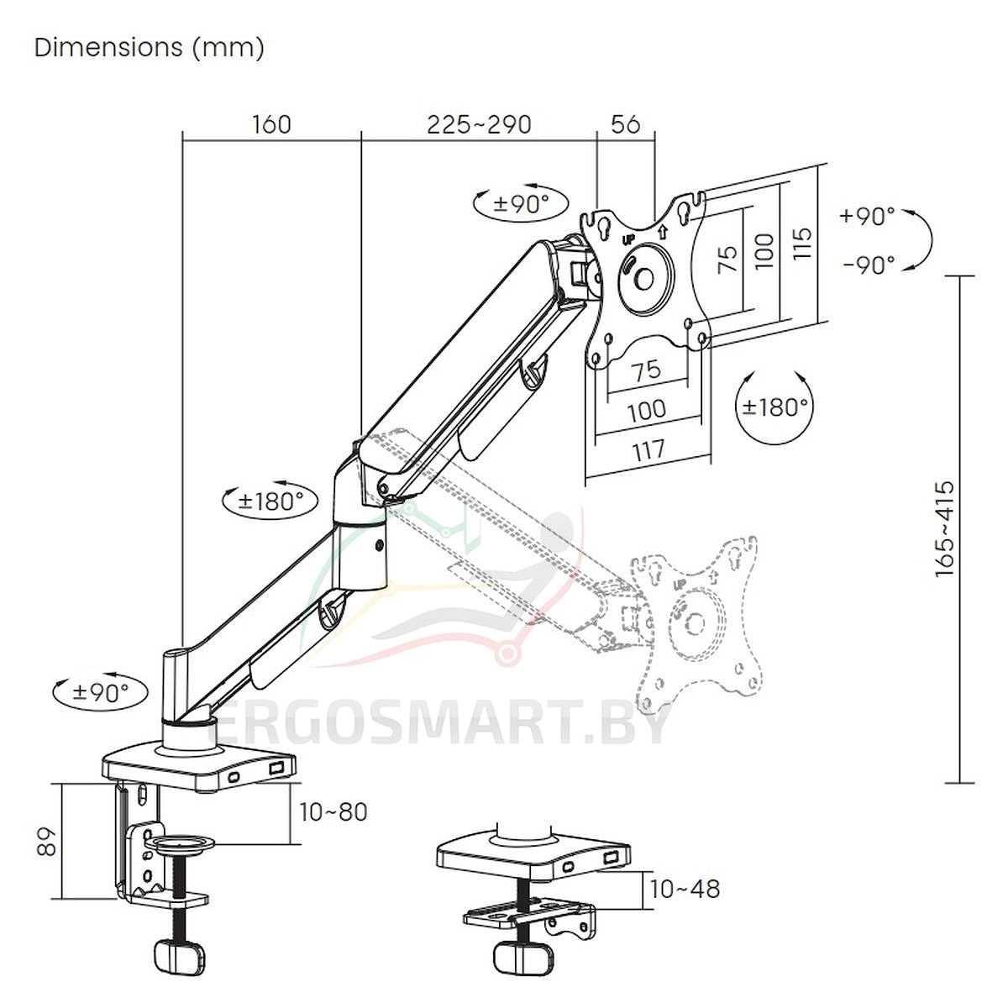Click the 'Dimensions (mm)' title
click(149, 48)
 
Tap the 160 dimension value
click(271, 125)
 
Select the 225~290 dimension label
click(479, 125)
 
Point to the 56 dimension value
click(626, 124)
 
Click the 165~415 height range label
click(945, 529)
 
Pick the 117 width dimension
click(648, 450)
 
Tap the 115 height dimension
click(802, 244)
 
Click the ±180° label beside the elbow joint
click(270, 501)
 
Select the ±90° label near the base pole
click(101, 692)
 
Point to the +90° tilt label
click(867, 215)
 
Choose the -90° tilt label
click(869, 265)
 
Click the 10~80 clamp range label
click(333, 811)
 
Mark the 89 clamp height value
click(46, 841)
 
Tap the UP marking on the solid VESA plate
click(628, 240)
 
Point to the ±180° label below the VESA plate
click(775, 407)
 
